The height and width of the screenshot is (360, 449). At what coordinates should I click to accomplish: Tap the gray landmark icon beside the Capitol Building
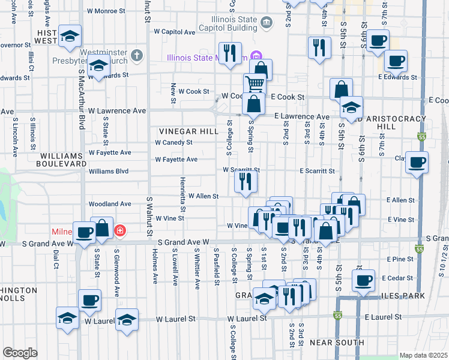tap(267, 23)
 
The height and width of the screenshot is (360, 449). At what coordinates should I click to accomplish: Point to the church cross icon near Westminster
tap(137, 56)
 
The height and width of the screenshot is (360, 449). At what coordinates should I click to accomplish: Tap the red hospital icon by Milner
tap(120, 230)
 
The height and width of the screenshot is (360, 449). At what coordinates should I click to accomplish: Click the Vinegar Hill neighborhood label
tap(181, 131)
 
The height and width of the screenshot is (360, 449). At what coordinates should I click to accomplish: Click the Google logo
tap(20, 353)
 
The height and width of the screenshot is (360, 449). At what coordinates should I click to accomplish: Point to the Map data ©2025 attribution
tap(423, 355)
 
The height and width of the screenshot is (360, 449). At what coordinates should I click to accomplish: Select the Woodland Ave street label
tap(109, 204)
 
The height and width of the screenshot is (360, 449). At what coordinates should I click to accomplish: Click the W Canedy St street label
tap(173, 143)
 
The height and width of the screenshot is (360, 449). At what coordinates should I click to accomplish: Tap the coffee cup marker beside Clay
tap(417, 162)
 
